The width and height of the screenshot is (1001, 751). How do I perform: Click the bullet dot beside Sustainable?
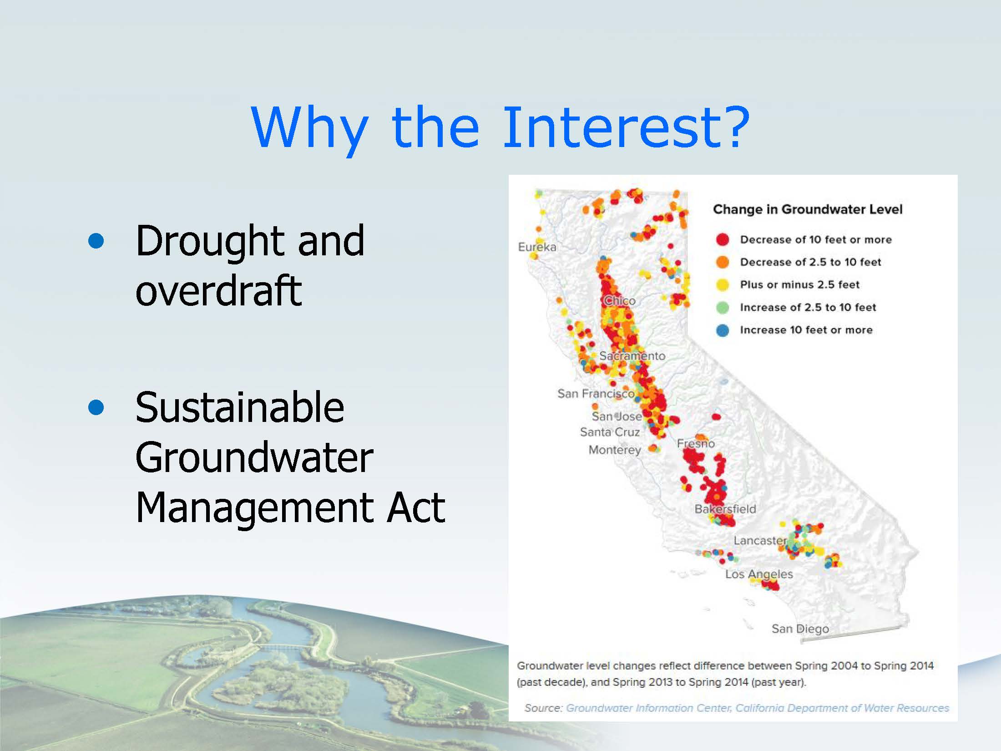tap(96, 408)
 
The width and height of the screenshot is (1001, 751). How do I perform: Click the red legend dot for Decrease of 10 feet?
tap(723, 239)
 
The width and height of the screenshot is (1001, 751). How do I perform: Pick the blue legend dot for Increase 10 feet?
tap(723, 330)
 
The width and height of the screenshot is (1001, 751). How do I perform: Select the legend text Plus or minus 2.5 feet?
tap(799, 284)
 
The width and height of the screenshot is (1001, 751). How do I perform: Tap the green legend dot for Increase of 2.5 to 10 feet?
tap(723, 307)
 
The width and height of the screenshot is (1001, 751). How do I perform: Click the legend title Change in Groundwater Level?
tap(808, 209)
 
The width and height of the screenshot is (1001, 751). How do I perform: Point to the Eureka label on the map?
tap(537, 247)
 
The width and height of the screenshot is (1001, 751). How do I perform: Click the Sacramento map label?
tap(632, 355)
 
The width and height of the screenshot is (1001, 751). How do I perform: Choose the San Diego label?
tap(800, 629)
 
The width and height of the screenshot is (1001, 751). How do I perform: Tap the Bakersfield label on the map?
tap(725, 509)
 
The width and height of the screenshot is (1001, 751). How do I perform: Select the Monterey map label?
tap(615, 450)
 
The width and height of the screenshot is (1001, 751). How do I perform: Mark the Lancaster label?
tap(760, 540)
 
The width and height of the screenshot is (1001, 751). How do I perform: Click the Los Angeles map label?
tap(759, 574)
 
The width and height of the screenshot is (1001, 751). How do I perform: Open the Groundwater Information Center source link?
tap(758, 708)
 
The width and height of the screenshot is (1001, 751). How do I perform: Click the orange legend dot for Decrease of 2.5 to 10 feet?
tap(723, 262)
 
